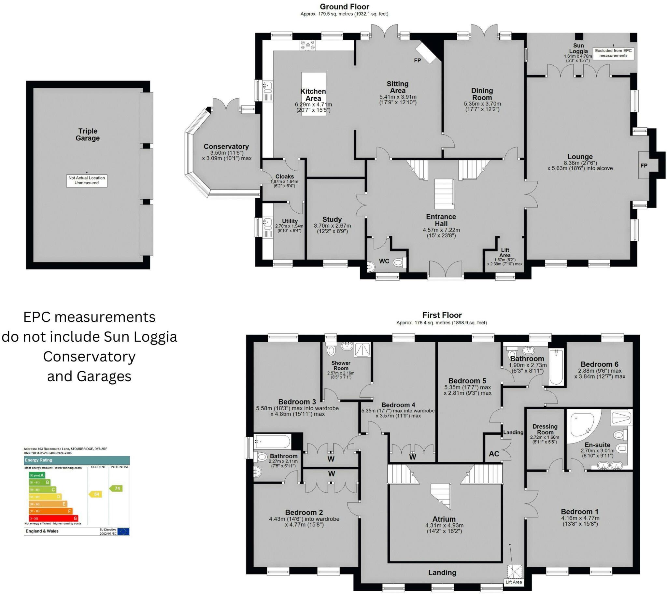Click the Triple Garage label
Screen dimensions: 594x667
(88, 134)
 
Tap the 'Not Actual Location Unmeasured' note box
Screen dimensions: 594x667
(87, 180)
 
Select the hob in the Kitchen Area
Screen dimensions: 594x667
(308, 45)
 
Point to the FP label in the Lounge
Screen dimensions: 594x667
(644, 165)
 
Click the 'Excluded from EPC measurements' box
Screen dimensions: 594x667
(613, 53)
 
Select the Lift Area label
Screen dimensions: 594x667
(505, 253)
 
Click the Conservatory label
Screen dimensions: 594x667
(226, 147)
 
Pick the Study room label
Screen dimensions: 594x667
(332, 219)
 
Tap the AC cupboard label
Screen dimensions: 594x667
(494, 454)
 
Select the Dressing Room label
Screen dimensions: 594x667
(545, 429)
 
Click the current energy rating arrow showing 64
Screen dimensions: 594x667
(96, 494)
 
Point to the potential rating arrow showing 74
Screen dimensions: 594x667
(116, 488)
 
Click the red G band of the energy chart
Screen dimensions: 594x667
(53, 518)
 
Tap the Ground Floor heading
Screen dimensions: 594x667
(344, 7)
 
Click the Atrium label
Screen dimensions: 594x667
(444, 519)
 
